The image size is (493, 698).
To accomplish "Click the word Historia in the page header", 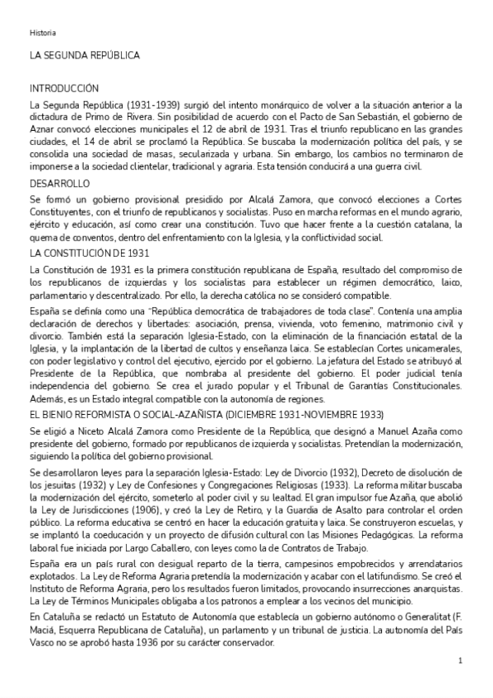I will pos(43,33).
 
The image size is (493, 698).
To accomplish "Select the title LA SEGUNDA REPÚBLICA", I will pos(84,55).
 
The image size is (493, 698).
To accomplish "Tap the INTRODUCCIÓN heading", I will pos(64,88).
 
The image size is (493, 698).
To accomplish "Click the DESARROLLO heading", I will pos(59,183).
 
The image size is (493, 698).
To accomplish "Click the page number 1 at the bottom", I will pos(461,661).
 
